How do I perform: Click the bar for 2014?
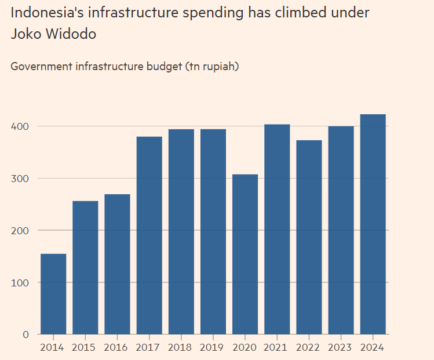pyautogui.click(x=53, y=294)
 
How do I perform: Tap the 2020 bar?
pyautogui.click(x=245, y=254)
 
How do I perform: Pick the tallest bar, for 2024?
pyautogui.click(x=373, y=224)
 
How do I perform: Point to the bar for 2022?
pyautogui.click(x=309, y=237)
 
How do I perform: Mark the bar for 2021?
pyautogui.click(x=277, y=230)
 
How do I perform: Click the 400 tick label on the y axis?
pyautogui.click(x=21, y=126)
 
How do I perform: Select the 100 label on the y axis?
pyautogui.click(x=21, y=282)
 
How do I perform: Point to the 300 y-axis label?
pyautogui.click(x=21, y=178)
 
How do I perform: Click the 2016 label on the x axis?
pyautogui.click(x=117, y=348)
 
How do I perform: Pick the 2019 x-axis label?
pyautogui.click(x=213, y=348)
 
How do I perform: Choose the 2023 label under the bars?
pyautogui.click(x=341, y=348)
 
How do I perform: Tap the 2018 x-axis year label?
pyautogui.click(x=181, y=348)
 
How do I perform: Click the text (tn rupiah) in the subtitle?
pyautogui.click(x=212, y=66)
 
